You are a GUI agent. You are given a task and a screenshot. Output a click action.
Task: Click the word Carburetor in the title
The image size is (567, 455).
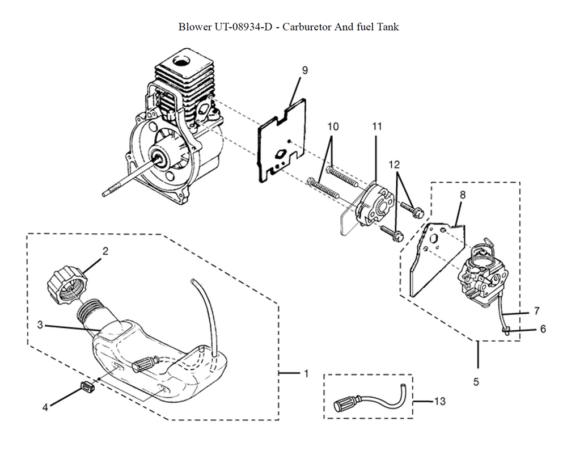click(x=307, y=27)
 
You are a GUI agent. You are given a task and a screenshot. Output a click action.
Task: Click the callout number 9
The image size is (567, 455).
click(x=305, y=70)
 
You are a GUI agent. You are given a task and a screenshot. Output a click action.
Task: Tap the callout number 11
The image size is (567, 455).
click(x=377, y=126)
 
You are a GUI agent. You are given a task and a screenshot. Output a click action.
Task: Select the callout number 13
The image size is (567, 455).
click(x=440, y=401)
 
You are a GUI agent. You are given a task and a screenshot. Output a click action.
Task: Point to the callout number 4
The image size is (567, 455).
click(x=45, y=407)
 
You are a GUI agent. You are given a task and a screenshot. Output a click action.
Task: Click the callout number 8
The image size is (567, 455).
click(x=463, y=195)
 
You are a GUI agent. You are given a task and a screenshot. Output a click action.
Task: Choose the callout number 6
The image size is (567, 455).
click(x=543, y=329)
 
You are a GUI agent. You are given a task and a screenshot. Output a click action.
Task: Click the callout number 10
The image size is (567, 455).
click(x=333, y=127)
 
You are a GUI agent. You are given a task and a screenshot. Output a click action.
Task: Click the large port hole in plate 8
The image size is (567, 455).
click(x=433, y=239)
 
